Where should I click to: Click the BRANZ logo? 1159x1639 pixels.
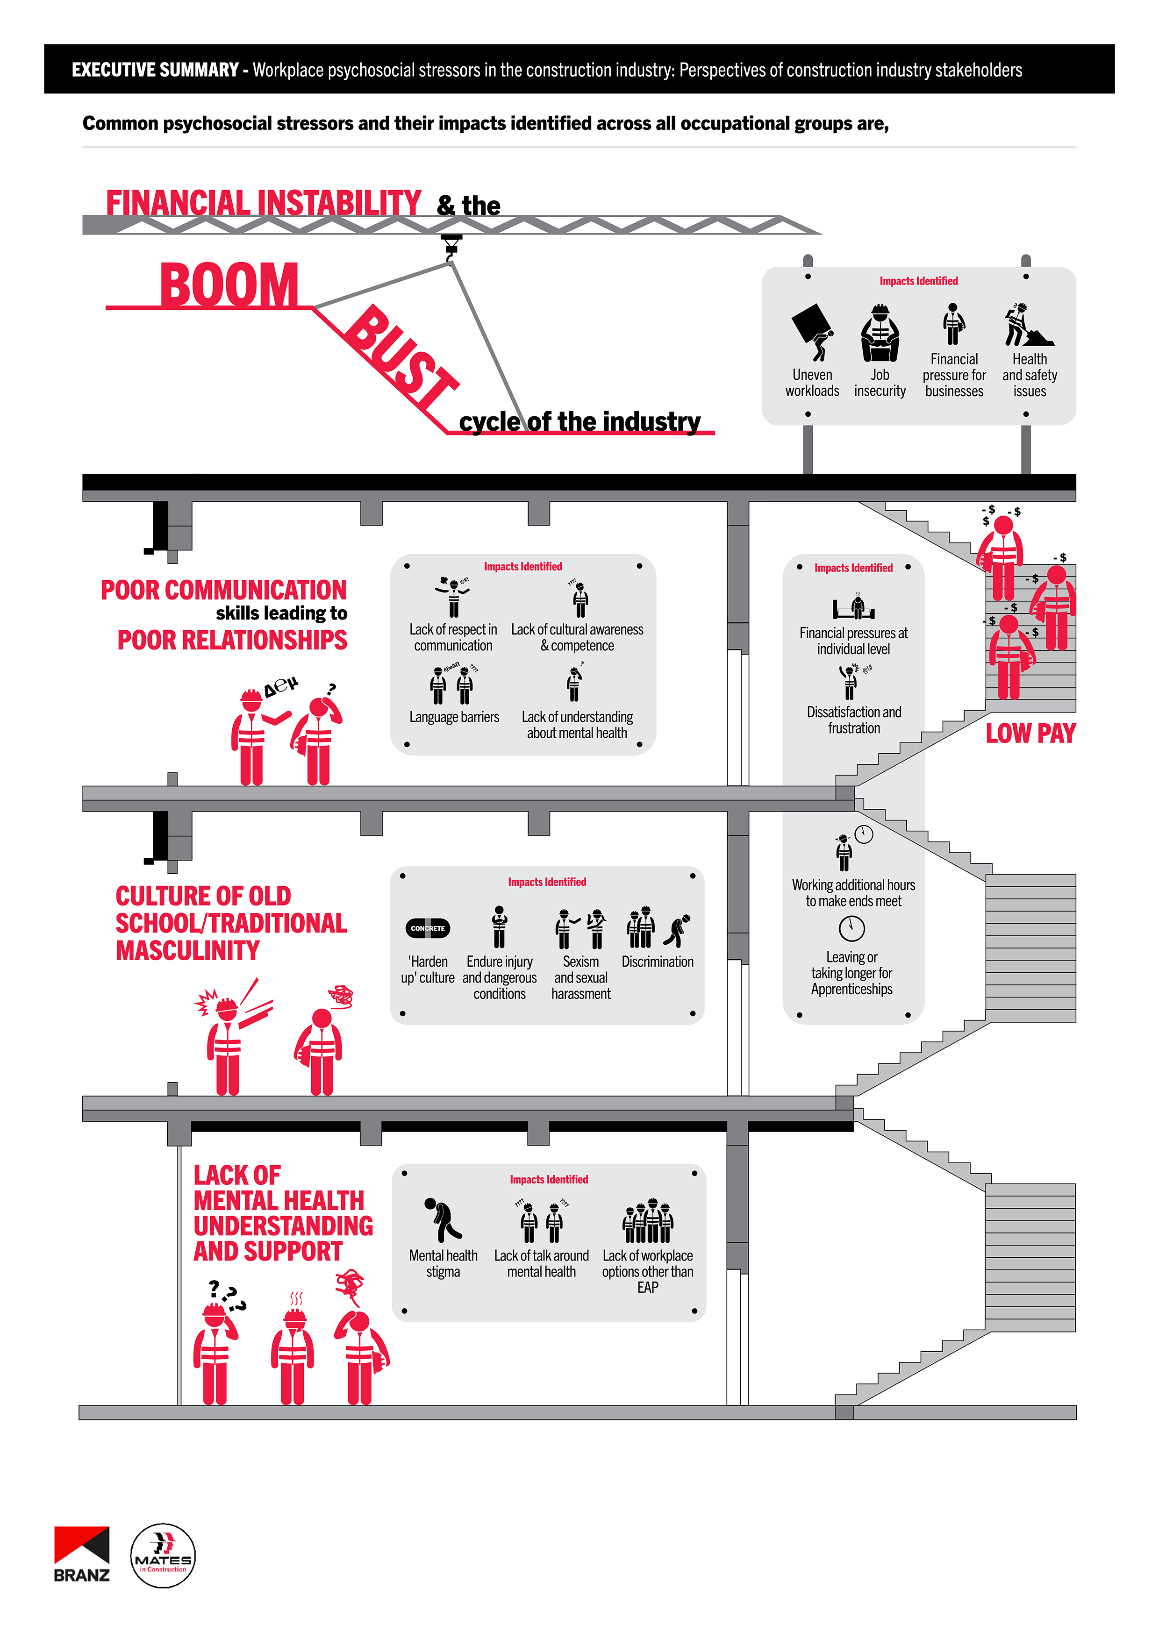[81, 1554]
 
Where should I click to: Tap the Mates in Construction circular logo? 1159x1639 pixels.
[163, 1555]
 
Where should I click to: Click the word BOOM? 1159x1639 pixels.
[229, 285]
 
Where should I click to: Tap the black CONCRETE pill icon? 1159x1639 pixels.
[427, 928]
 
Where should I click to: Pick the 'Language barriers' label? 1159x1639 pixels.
[454, 717]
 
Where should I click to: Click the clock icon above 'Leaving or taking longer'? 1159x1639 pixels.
[851, 928]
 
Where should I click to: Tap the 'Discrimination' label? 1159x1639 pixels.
[657, 962]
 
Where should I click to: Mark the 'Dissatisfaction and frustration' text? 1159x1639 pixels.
[854, 720]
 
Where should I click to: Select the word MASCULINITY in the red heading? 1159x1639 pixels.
[188, 951]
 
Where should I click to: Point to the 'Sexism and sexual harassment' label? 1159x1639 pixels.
[580, 977]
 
